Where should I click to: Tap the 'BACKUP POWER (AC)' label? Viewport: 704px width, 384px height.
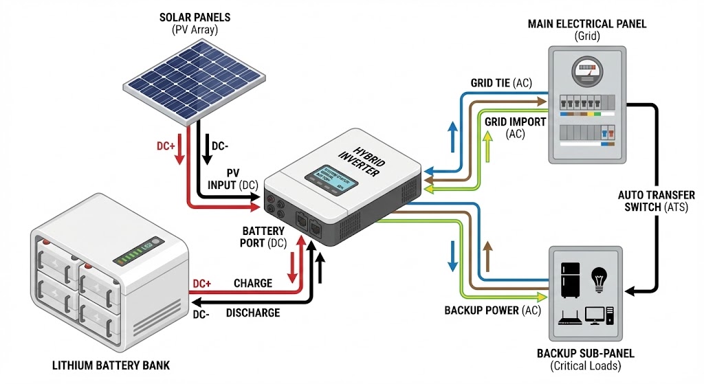tap(491, 310)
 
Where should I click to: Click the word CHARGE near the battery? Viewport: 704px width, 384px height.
tap(252, 283)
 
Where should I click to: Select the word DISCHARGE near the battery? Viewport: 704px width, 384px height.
tap(252, 313)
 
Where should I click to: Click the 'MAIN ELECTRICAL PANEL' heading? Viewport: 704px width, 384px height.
tap(586, 24)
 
